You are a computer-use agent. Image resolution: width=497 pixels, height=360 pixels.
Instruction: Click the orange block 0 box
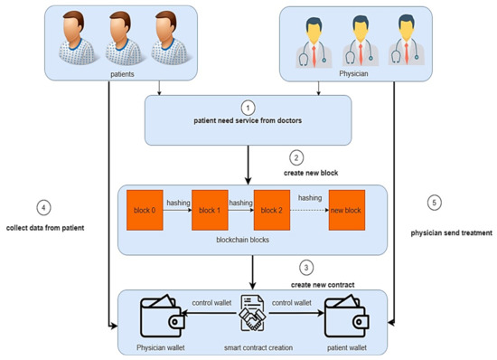[x=145, y=209]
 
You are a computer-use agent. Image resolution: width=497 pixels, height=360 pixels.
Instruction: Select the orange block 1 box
[x=209, y=209]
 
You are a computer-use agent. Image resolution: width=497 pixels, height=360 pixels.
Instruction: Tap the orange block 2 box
[x=272, y=209]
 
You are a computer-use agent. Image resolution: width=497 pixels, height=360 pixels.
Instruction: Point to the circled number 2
[x=307, y=154]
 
